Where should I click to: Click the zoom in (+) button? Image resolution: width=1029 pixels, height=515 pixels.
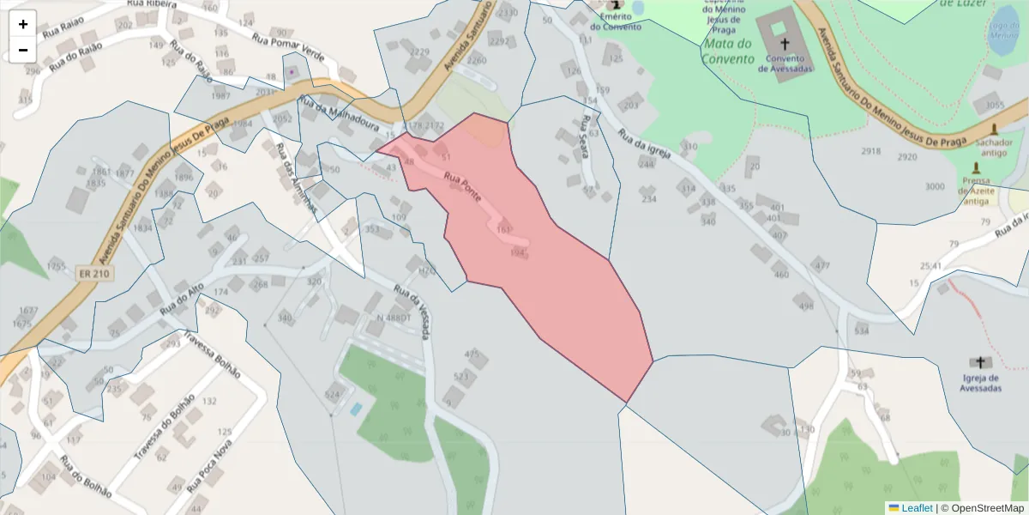(x=23, y=24)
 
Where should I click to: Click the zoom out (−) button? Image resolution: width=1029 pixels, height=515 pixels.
(x=23, y=50)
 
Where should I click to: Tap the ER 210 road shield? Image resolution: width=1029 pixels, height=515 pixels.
(x=96, y=274)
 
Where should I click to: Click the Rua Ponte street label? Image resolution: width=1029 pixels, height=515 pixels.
(x=462, y=188)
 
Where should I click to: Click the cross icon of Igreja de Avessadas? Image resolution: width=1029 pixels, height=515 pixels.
(x=980, y=363)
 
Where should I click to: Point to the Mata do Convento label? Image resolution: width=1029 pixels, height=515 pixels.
(x=727, y=51)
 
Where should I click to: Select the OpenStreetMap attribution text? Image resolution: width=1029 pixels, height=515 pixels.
(x=982, y=508)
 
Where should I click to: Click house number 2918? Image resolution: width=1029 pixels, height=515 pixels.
(x=871, y=151)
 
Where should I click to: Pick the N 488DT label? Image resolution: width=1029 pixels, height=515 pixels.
(x=394, y=318)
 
